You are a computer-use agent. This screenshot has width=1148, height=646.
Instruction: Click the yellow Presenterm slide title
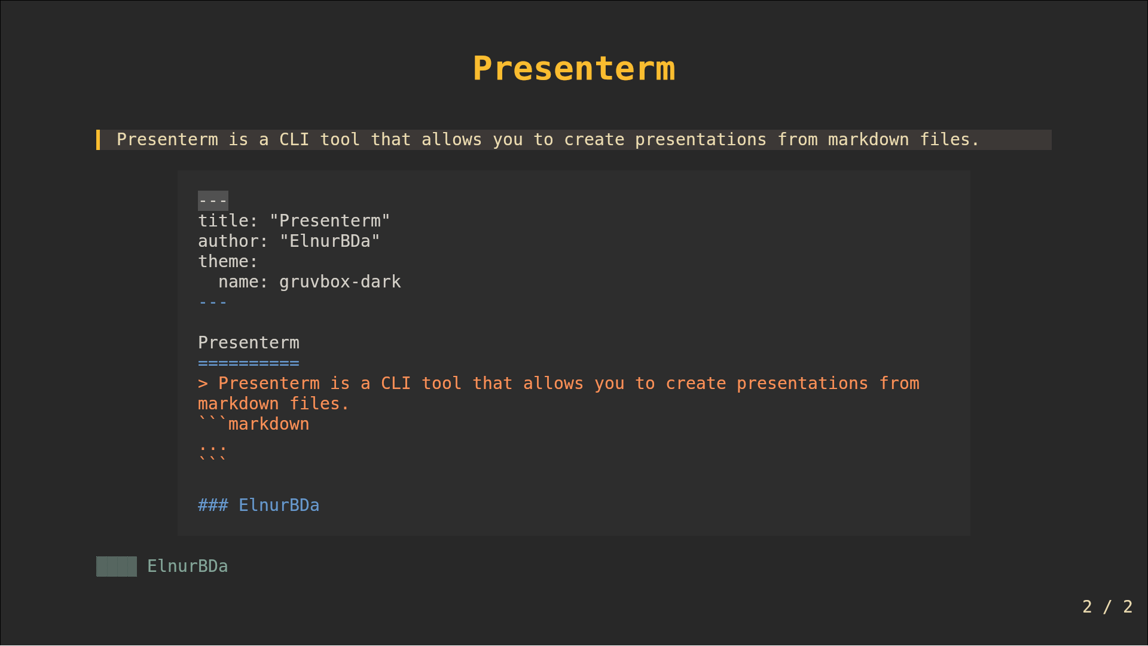point(573,68)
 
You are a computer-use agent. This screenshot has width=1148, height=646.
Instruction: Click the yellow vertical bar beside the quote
point(98,140)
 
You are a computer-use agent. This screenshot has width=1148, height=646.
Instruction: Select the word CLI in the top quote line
point(294,140)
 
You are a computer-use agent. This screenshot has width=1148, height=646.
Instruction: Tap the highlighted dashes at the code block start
point(213,201)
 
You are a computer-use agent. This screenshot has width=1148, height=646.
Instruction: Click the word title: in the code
point(228,221)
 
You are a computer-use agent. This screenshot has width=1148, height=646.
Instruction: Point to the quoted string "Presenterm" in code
point(329,221)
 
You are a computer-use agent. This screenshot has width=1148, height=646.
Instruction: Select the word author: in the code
point(233,241)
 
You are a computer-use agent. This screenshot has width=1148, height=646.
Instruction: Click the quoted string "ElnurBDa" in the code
point(329,241)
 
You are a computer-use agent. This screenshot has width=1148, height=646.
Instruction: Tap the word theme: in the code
point(228,262)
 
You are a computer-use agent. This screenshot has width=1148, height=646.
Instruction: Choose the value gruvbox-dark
point(340,282)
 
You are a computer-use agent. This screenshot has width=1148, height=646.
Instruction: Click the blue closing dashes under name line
point(213,303)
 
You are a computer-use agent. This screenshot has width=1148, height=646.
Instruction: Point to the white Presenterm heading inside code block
point(249,343)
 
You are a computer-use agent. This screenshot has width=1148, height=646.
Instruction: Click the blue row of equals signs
point(249,363)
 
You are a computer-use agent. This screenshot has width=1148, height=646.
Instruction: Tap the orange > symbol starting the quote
point(203,384)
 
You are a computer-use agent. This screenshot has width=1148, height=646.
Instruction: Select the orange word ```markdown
point(254,424)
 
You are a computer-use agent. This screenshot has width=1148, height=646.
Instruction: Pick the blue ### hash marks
point(213,506)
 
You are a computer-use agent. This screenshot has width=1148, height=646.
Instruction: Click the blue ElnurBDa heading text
point(279,506)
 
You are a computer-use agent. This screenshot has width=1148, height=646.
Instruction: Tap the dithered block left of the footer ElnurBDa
point(117,567)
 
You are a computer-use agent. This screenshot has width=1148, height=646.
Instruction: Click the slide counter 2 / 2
point(1107,607)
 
